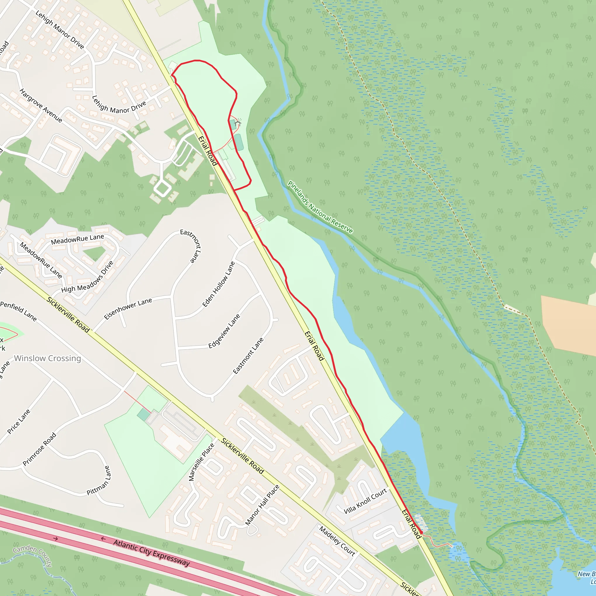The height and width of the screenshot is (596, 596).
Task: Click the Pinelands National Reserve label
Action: coord(320,207)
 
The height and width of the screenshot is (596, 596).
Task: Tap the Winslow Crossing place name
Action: coord(47,358)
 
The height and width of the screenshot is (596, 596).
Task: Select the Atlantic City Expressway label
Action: coord(151,553)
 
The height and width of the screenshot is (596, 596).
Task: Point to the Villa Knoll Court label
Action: coord(365,501)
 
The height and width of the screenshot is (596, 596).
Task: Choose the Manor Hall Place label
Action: coord(262,505)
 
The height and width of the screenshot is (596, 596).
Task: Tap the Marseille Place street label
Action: coord(201,462)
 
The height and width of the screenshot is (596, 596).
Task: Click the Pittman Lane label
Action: coord(98,481)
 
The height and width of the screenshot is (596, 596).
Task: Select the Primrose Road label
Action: coord(40,449)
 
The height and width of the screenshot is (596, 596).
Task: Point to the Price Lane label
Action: coord(19,421)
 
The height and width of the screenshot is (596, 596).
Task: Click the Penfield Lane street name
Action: coord(19,311)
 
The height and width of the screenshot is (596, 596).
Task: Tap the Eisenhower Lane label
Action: coord(128,308)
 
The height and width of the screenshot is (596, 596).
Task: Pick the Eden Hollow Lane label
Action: coord(219,284)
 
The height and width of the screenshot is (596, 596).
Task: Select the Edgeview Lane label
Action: coord(224,331)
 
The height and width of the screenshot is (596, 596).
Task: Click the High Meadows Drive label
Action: coord(88,277)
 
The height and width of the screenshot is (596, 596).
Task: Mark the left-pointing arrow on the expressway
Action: coord(103,539)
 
